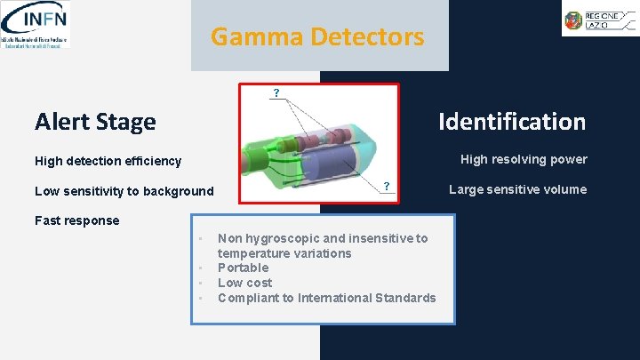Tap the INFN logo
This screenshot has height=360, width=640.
(36, 24)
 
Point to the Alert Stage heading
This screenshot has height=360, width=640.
(95, 122)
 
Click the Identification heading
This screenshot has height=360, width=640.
(511, 122)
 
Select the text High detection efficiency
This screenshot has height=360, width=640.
(108, 161)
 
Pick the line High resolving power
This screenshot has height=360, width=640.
(524, 159)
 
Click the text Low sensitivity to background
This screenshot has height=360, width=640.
(124, 191)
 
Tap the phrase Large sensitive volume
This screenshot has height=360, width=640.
(517, 189)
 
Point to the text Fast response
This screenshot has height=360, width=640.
(76, 220)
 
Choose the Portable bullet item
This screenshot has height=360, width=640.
(243, 268)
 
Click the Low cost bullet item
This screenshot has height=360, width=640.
(244, 283)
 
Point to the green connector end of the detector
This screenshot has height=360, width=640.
(257, 164)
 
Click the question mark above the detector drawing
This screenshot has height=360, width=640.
(276, 92)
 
